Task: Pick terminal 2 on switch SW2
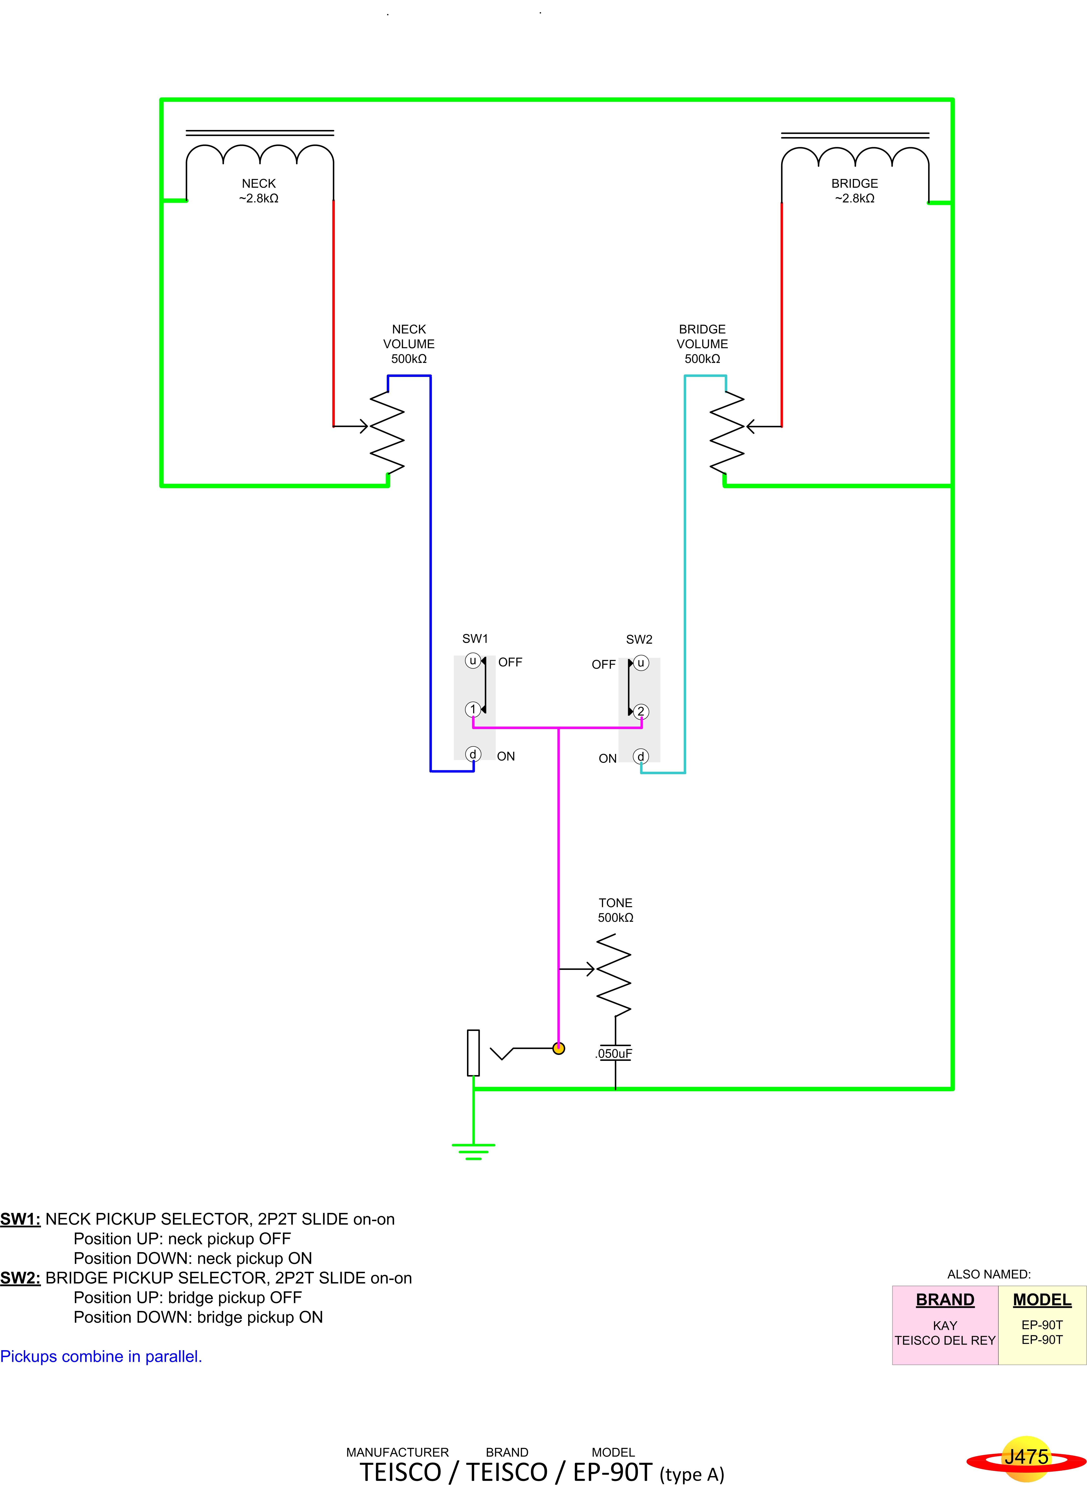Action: (641, 711)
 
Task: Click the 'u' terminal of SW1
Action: (472, 660)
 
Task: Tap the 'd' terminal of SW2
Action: (641, 757)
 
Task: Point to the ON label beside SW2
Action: (607, 758)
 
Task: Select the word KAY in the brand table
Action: (945, 1325)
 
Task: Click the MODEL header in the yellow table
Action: (1042, 1300)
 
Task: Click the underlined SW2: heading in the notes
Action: (20, 1278)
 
